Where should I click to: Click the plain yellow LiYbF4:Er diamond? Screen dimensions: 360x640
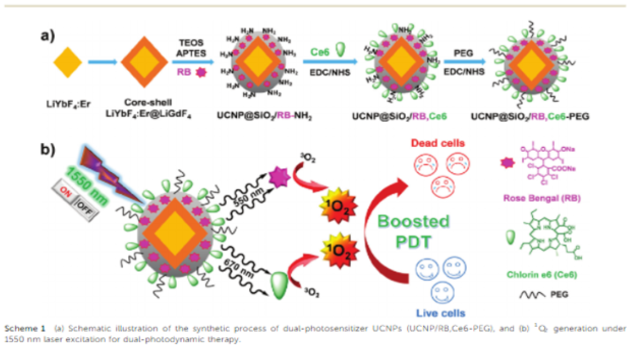tap(68, 62)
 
